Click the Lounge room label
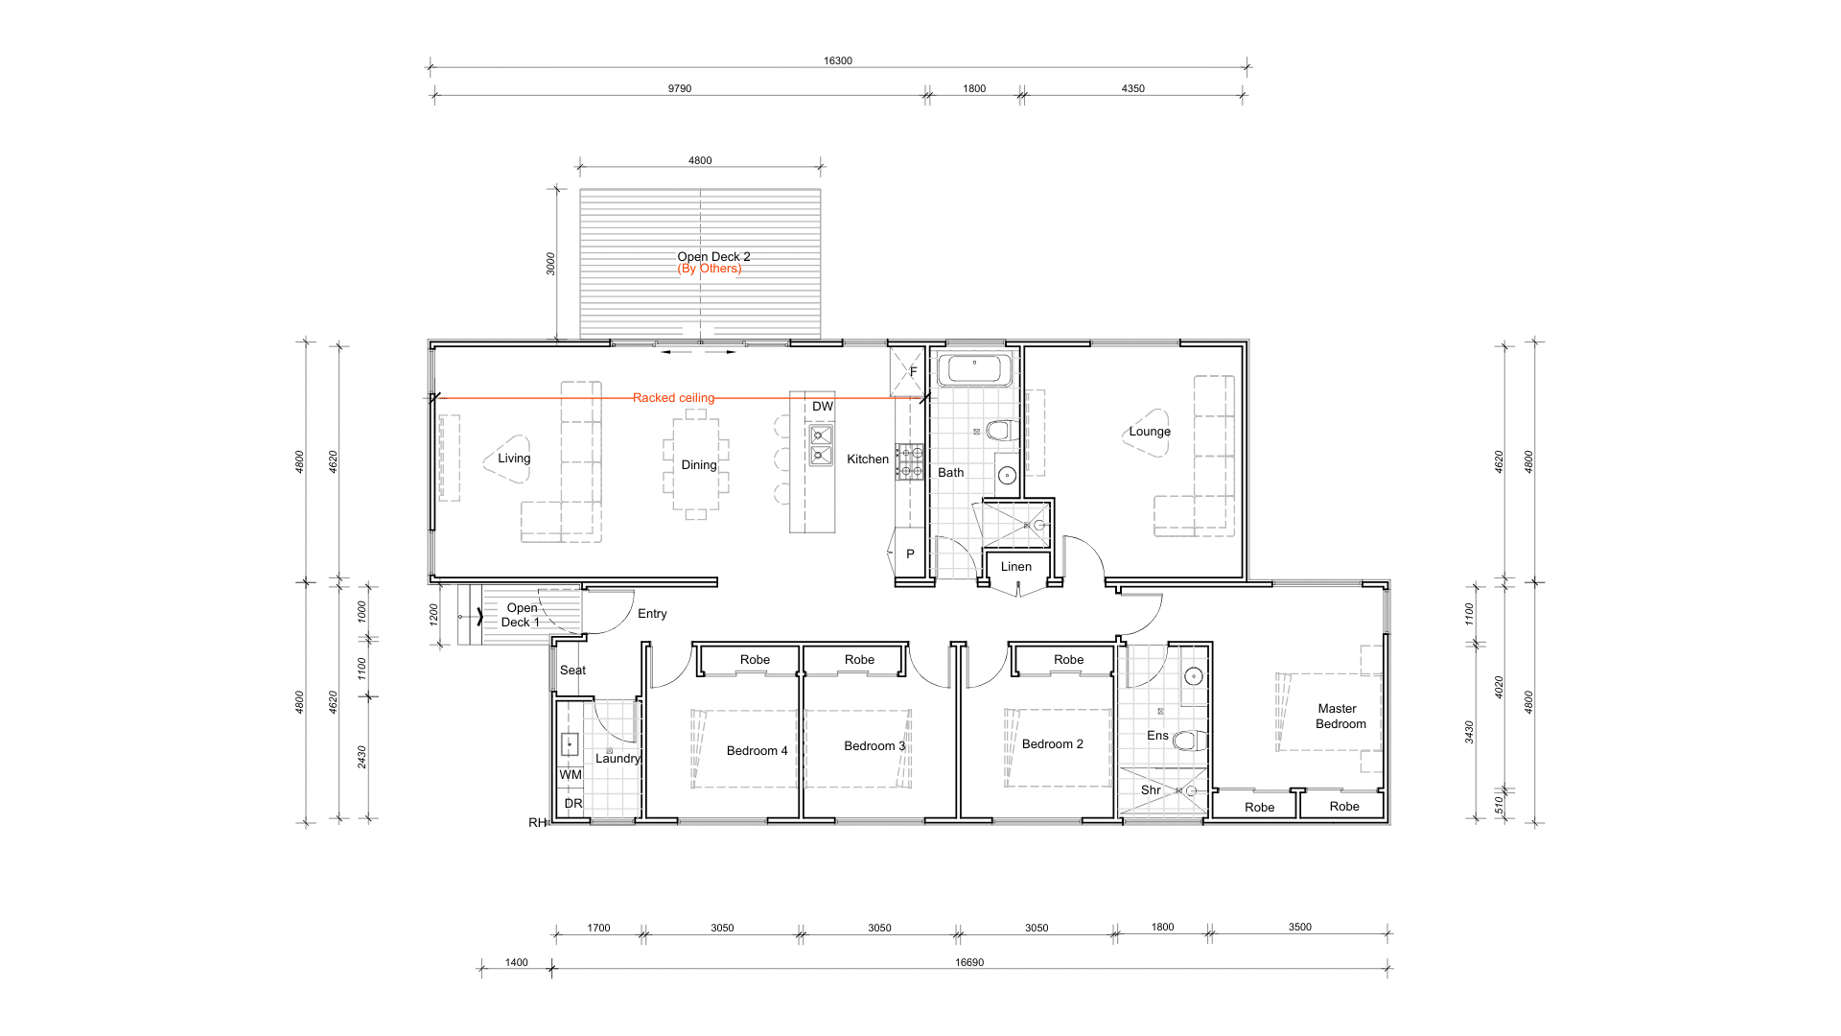(1150, 432)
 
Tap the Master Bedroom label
(1340, 717)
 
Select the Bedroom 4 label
(757, 751)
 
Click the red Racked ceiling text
(673, 398)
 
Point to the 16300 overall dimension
(837, 61)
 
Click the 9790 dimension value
(680, 89)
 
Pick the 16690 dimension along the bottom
(969, 963)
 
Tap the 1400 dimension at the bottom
(516, 963)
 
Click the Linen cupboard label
(1016, 567)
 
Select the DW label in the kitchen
(823, 407)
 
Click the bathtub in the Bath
(974, 370)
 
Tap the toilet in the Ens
(1189, 741)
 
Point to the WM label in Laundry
(571, 775)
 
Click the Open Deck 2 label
(713, 257)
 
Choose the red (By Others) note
(710, 269)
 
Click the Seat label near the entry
(572, 671)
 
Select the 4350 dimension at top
(1133, 89)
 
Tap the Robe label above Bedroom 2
(1068, 660)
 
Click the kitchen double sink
(821, 445)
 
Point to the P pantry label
(910, 554)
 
